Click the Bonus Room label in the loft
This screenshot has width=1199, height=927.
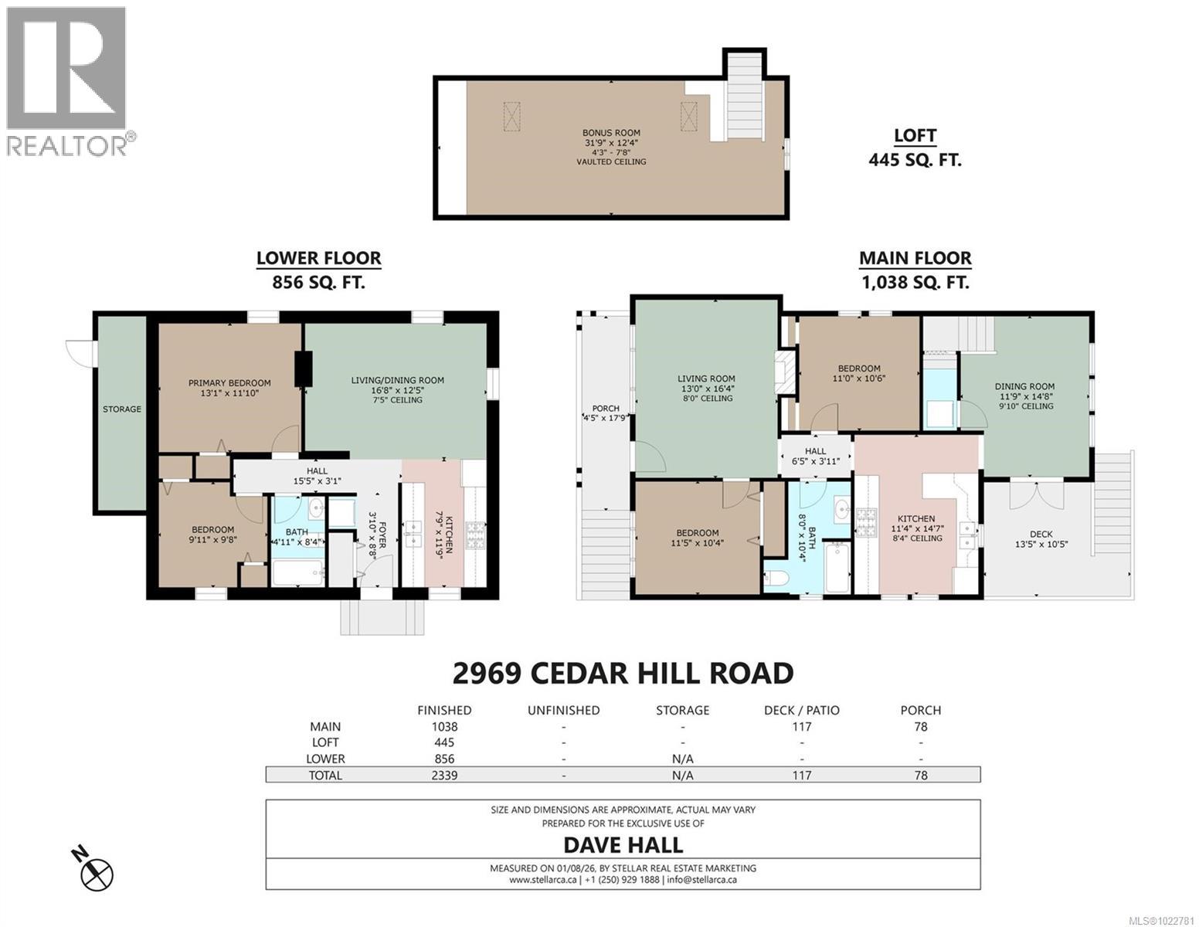coord(610,133)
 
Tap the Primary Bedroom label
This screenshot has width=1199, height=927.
coord(229,383)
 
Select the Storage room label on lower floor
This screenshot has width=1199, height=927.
coord(122,409)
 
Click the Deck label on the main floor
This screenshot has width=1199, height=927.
coord(1041,534)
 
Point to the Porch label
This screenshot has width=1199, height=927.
coord(606,409)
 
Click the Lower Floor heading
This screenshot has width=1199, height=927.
coord(318,259)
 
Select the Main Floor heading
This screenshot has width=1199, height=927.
coord(915,259)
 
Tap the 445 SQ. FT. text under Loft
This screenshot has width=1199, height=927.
coord(915,161)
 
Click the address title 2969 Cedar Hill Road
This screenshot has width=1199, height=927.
coord(623,673)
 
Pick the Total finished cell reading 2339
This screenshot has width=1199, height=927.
coord(444,775)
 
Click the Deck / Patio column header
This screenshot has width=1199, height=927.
coord(801,710)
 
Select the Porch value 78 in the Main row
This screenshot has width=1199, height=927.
coord(920,726)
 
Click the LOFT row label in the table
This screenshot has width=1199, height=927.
coord(325,742)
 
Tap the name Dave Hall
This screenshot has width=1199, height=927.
coord(623,844)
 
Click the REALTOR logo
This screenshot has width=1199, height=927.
coord(68,81)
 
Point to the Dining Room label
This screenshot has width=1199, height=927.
coord(1024,387)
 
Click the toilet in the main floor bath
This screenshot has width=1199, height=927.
coord(776,579)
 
